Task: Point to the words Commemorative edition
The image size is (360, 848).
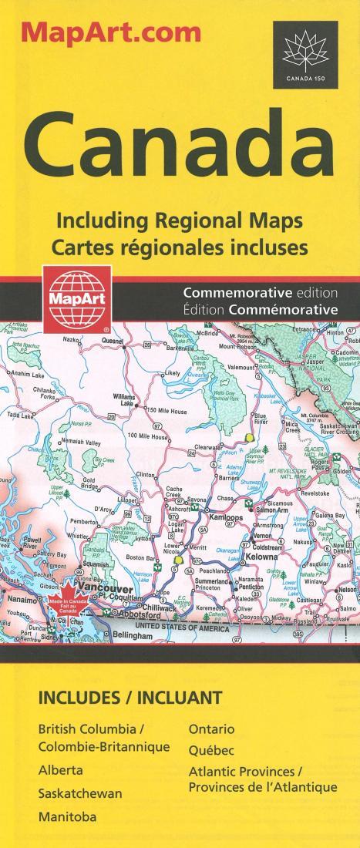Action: [x=261, y=293]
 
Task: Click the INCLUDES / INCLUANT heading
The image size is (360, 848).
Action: [x=130, y=698]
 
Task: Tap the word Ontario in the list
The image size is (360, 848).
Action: [x=211, y=729]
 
